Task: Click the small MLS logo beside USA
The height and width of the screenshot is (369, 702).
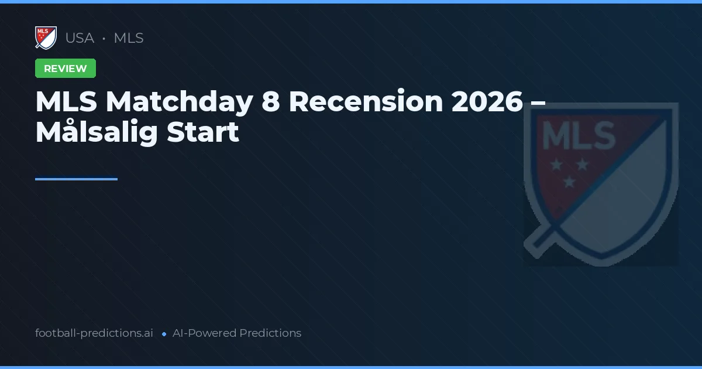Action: (x=46, y=38)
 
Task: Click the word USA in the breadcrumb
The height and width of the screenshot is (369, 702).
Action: (x=80, y=38)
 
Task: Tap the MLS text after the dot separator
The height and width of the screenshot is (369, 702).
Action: (x=129, y=38)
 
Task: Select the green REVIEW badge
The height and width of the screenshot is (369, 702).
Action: (x=66, y=69)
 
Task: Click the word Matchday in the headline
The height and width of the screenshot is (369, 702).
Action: (x=177, y=102)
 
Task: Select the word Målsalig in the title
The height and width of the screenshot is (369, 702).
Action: (x=97, y=132)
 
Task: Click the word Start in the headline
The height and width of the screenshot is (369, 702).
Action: (x=203, y=132)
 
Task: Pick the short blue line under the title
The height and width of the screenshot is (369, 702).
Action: (x=76, y=179)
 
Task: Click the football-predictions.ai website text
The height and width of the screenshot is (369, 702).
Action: (x=94, y=333)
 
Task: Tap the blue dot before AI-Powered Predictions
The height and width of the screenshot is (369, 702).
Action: (x=164, y=334)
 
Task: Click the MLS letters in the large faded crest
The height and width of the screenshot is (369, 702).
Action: (x=579, y=136)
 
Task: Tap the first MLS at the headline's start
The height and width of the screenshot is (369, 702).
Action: (x=67, y=102)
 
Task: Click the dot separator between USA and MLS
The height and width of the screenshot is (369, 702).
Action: (x=104, y=39)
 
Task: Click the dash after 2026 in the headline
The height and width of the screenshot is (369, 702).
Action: (x=539, y=103)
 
